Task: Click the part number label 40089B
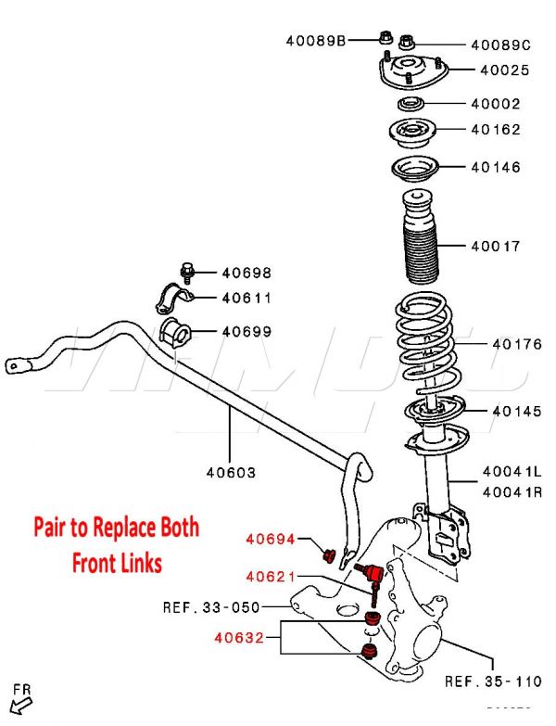pos(315,40)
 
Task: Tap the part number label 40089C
pos(500,44)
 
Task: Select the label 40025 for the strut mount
pos(505,70)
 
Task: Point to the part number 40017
pos(495,247)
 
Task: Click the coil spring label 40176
pos(516,345)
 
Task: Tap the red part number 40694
pos(270,538)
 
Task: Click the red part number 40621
pos(270,577)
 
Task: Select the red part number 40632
pos(240,638)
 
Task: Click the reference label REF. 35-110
pos(492,681)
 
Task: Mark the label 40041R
pos(512,491)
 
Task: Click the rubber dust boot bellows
pos(421,247)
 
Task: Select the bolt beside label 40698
pos(188,273)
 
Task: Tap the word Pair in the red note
pos(55,529)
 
